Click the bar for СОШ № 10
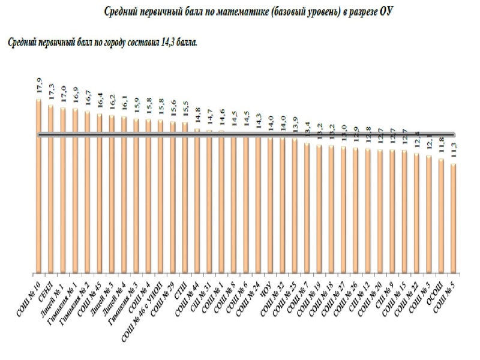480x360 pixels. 39,186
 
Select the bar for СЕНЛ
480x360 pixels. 51,190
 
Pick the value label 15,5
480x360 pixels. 185,110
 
